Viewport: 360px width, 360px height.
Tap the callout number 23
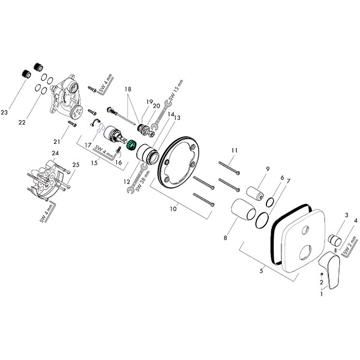(x=5, y=112)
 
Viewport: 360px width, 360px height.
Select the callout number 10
(x=173, y=208)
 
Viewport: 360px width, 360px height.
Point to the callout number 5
(x=262, y=272)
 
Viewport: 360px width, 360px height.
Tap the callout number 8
(x=225, y=238)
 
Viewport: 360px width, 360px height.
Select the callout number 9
(x=268, y=169)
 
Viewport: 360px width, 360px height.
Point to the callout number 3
(x=346, y=215)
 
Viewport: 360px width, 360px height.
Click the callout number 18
(x=127, y=88)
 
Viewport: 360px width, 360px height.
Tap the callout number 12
(x=127, y=181)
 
